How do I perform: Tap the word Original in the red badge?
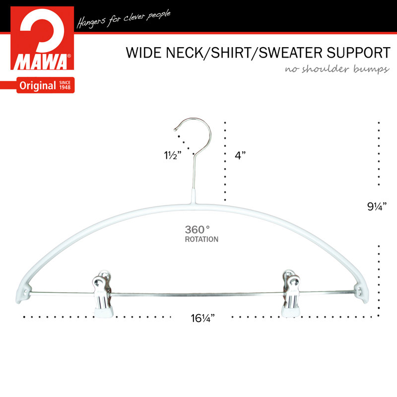38,86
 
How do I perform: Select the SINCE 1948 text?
65,85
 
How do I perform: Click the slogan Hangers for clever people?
124,19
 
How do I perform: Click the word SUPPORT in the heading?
358,53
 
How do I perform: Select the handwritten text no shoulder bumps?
337,69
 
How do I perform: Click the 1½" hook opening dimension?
173,155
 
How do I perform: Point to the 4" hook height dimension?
240,155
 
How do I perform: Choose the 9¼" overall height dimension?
377,206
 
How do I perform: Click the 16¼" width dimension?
202,318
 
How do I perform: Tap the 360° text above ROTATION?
197,230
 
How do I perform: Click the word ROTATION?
201,239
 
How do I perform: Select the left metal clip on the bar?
103,294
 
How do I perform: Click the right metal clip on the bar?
291,293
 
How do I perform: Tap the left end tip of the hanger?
18,301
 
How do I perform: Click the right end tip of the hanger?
366,301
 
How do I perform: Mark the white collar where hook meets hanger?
194,196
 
